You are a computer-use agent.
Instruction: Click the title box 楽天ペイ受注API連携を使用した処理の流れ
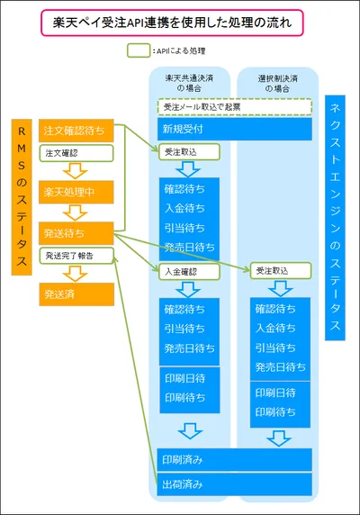tap(172, 23)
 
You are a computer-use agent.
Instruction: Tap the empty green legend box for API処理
tap(139, 50)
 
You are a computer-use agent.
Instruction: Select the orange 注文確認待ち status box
tap(76, 131)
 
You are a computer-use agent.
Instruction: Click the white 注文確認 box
tap(76, 153)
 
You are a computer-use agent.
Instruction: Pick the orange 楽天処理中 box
tap(76, 192)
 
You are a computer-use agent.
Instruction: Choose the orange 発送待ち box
tap(76, 233)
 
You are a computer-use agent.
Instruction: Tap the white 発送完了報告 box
tap(76, 256)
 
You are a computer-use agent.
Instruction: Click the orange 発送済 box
tap(76, 294)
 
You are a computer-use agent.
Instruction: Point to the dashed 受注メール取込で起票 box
tap(235, 107)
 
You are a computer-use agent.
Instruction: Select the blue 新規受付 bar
tap(235, 129)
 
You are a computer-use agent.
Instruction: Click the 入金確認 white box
tap(189, 272)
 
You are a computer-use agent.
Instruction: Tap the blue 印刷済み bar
tap(234, 459)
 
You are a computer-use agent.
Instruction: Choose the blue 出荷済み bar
tap(234, 484)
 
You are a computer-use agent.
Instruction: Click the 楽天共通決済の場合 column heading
tap(189, 83)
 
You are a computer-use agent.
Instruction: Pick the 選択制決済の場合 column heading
tap(277, 84)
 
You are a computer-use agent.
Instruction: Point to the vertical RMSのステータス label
tap(22, 197)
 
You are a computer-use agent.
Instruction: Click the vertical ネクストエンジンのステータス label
tap(335, 218)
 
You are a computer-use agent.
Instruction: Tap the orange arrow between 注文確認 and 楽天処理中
tap(76, 171)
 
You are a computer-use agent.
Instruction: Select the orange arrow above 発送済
tap(76, 274)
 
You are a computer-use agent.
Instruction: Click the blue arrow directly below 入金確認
tap(188, 289)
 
